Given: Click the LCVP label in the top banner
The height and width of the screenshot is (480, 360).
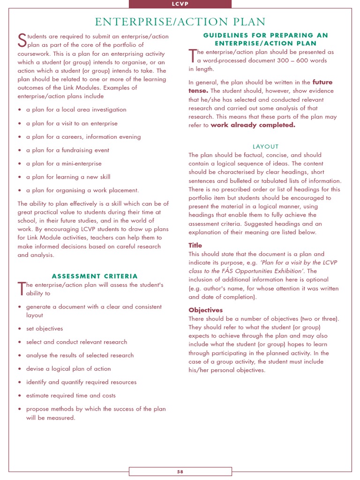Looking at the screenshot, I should (x=180, y=4).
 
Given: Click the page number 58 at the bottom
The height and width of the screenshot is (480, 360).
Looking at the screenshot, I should (x=180, y=472).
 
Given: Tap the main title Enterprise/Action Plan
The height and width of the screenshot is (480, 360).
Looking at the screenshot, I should (x=180, y=22).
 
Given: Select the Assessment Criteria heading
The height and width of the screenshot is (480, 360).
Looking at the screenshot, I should (x=95, y=276).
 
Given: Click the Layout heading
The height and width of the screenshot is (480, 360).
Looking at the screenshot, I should (x=265, y=147).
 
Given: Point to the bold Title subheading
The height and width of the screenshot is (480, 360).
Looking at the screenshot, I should (x=195, y=245).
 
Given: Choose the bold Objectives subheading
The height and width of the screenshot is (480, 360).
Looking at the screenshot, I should (x=205, y=310).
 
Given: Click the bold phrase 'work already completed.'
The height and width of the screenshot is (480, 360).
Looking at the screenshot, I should (x=253, y=125).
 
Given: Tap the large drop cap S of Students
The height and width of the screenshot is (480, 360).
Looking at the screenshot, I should (x=21, y=40).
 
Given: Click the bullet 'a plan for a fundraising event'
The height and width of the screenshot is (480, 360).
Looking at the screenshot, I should (x=67, y=150).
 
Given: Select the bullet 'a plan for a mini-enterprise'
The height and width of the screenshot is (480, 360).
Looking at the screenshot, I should (x=64, y=164).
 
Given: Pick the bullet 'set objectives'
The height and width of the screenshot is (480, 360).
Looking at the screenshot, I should (x=45, y=329).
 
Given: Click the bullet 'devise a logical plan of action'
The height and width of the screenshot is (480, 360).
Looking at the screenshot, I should (x=68, y=368).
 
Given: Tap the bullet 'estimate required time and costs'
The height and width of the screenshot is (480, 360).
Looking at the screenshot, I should (x=71, y=395).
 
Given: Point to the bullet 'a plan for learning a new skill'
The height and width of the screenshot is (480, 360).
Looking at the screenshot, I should (x=68, y=177).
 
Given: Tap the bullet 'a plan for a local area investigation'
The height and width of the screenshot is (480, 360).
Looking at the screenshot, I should (x=76, y=110).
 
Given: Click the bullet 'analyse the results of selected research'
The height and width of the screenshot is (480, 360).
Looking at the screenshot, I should (x=80, y=355).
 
